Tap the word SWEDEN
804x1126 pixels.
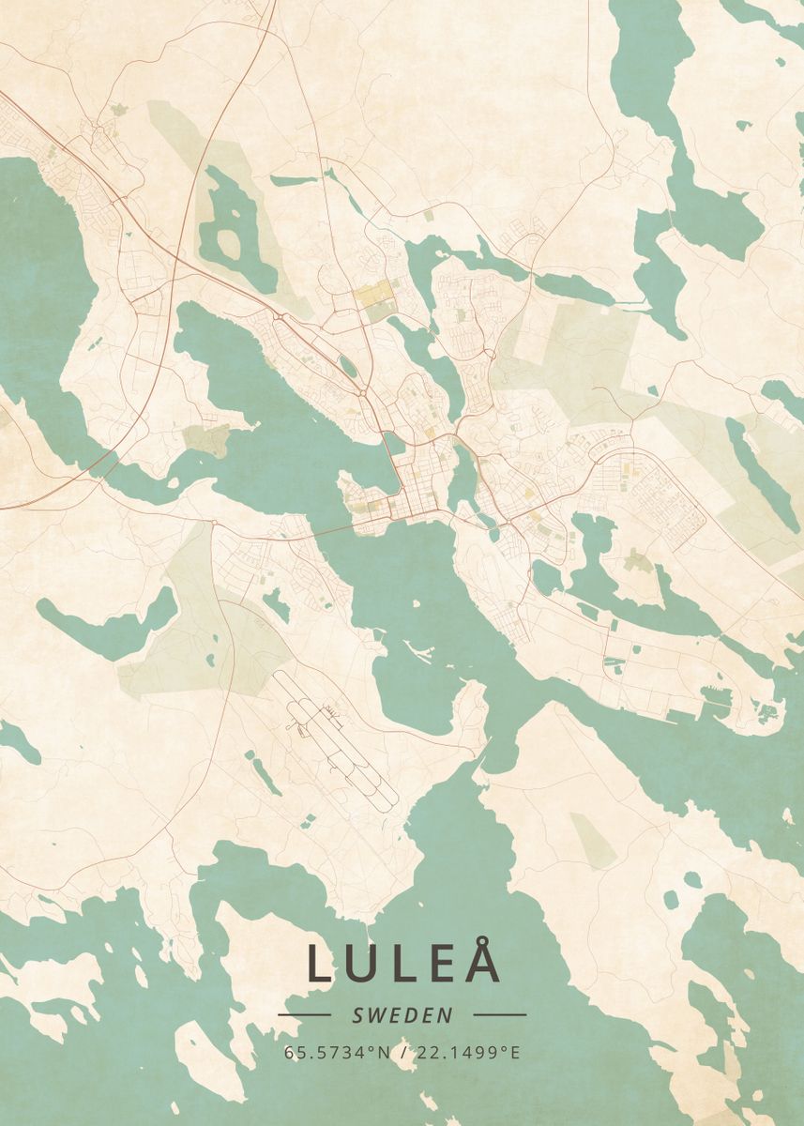pos(402,1014)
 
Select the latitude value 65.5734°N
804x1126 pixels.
pos(337,1052)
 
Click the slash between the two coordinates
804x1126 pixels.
pos(402,1052)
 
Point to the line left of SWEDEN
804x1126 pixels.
pos(304,1014)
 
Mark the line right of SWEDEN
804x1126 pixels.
pos(499,1014)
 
